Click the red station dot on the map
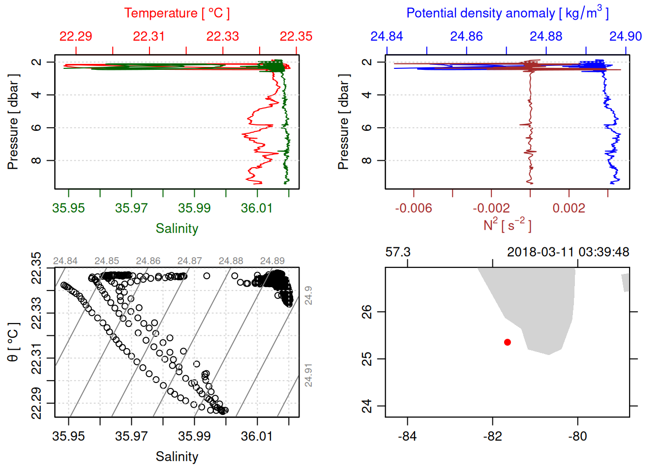coord(507,342)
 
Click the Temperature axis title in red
coord(177,13)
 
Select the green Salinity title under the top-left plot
coord(177,229)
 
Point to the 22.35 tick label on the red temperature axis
coord(296,36)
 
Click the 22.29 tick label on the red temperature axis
coord(76,36)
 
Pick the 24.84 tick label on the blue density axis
coord(387,36)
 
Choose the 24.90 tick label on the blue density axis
coord(626,36)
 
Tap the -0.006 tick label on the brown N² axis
coord(414,208)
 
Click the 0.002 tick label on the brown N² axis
coord(569,208)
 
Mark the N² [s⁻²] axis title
coord(508,225)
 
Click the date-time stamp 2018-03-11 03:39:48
coord(568,252)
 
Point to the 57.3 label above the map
coord(398,252)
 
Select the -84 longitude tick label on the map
coord(408,437)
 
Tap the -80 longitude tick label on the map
coord(577,437)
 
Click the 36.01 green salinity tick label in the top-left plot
coord(257,208)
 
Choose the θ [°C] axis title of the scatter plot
coord(13,342)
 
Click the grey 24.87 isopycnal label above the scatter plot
coord(189,261)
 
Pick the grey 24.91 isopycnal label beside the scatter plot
coord(308,375)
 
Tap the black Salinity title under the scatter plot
coord(177,457)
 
